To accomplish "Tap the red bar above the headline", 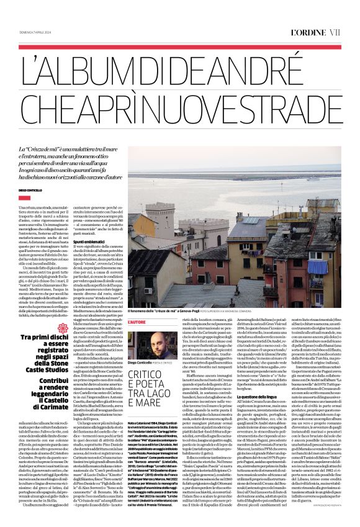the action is point(179,47).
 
